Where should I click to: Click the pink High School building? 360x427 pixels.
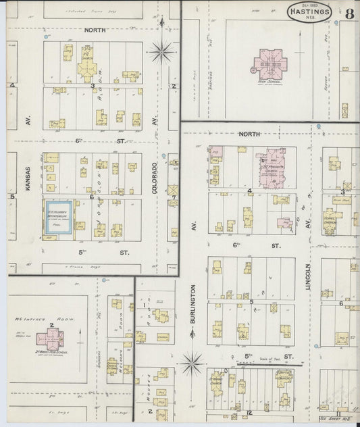click(269, 65)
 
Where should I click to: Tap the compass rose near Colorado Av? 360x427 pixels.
click(161, 51)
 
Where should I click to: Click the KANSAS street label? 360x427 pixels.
click(28, 181)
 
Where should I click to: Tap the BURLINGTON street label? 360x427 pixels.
click(192, 304)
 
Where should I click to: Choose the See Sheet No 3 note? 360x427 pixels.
click(344, 418)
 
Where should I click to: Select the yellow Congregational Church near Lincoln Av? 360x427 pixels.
click(331, 220)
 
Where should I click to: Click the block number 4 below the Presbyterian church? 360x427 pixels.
click(249, 191)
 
